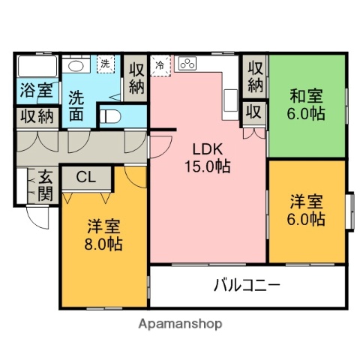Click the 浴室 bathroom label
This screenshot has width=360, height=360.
coord(36,91)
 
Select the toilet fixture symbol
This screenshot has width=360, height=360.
coord(111,116)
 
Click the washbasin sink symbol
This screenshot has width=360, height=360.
coord(74,66)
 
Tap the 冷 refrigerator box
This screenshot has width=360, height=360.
coord(160,65)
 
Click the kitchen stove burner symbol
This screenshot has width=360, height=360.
coord(187,64)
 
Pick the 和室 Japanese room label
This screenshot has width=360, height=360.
coord(307,96)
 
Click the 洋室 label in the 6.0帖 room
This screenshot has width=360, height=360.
coord(307,202)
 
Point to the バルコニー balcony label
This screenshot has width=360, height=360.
coord(247,285)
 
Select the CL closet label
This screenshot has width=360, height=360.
coord(86,178)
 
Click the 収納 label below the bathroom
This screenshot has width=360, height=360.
coord(36,116)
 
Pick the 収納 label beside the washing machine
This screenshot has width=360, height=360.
coord(136,77)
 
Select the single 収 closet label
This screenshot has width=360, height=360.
coord(254,112)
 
